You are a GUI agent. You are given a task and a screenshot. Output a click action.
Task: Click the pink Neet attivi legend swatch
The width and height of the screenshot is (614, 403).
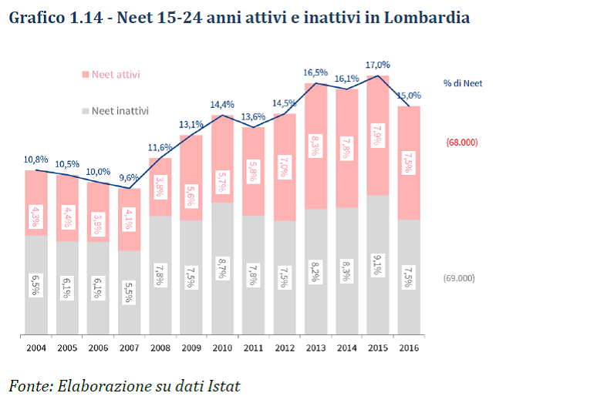[x=84, y=75]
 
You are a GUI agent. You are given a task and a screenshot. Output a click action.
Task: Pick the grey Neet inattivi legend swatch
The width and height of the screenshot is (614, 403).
[x=84, y=111]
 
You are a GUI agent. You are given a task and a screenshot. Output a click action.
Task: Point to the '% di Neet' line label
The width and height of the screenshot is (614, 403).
[x=463, y=83]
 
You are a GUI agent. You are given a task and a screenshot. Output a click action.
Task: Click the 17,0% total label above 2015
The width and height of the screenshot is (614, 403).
[x=378, y=65]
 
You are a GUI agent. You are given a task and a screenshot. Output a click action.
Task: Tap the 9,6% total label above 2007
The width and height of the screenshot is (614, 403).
[x=130, y=178]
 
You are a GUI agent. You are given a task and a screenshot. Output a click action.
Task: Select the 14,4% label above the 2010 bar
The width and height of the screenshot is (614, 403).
[x=222, y=104]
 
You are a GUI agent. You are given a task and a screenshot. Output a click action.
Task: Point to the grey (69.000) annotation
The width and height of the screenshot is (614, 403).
[x=460, y=278]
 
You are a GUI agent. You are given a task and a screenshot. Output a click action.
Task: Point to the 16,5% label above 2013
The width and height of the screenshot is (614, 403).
[x=315, y=72]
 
